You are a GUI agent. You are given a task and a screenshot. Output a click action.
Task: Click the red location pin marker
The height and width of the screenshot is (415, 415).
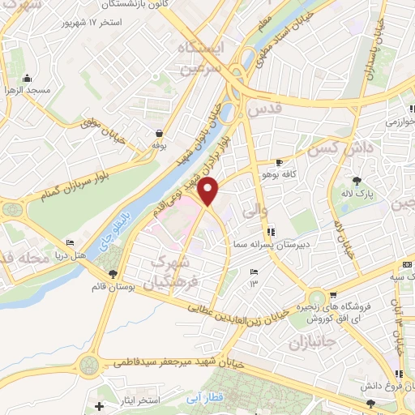click(209, 193)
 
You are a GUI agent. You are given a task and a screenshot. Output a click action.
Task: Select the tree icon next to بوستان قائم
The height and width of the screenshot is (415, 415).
click(113, 274)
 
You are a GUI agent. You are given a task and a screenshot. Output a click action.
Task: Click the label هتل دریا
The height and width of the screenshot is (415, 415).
click(70, 255)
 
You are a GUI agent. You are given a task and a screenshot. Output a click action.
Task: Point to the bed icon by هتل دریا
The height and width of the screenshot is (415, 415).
click(70, 243)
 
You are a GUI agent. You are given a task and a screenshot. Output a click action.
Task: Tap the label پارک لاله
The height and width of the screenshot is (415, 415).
click(357, 195)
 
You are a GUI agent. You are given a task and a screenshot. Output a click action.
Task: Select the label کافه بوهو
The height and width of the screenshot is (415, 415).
click(273, 173)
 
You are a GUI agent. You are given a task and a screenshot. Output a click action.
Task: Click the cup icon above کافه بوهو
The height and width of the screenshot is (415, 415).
click(280, 162)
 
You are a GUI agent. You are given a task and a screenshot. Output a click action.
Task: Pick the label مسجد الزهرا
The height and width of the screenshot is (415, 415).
click(27, 90)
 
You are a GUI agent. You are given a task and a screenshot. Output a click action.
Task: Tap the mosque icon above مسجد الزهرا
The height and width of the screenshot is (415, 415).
click(27, 79)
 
